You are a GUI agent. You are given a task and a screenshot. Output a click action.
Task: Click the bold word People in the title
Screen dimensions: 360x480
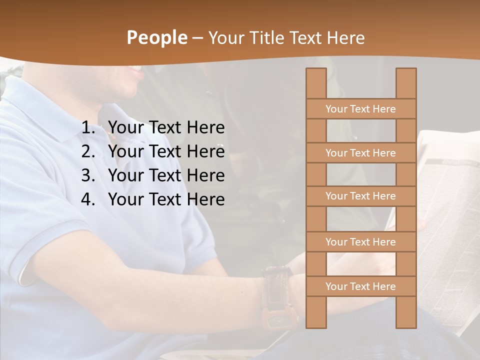(x=156, y=37)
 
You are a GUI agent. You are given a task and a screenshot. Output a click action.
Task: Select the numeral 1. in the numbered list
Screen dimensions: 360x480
(x=89, y=128)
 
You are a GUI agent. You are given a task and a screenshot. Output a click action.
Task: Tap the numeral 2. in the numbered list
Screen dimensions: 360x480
(x=89, y=151)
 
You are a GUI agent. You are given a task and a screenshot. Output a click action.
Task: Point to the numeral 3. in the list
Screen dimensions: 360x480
(x=89, y=175)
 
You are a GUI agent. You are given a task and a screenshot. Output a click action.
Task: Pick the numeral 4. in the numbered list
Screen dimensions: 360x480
(x=89, y=199)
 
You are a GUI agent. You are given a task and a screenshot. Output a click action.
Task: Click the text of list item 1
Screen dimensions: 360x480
(x=166, y=128)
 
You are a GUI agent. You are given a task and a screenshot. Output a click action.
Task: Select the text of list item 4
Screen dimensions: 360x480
(x=166, y=199)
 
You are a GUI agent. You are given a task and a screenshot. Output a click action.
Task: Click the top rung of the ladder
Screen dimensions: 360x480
(x=360, y=109)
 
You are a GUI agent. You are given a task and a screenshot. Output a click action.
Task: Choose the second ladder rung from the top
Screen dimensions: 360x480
(x=360, y=153)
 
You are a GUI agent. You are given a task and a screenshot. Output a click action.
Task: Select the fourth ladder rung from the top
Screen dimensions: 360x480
(x=360, y=242)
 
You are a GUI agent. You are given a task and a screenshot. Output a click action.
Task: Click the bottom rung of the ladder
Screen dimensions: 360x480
(x=360, y=286)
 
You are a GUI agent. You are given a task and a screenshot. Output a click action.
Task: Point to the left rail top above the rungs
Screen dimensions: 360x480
(x=316, y=83)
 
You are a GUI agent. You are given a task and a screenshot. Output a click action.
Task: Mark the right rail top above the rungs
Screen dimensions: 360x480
(x=406, y=83)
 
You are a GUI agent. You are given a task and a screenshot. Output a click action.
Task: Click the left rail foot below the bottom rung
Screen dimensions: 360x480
(x=316, y=312)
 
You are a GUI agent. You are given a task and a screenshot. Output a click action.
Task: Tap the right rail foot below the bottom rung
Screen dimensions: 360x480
(x=406, y=312)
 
